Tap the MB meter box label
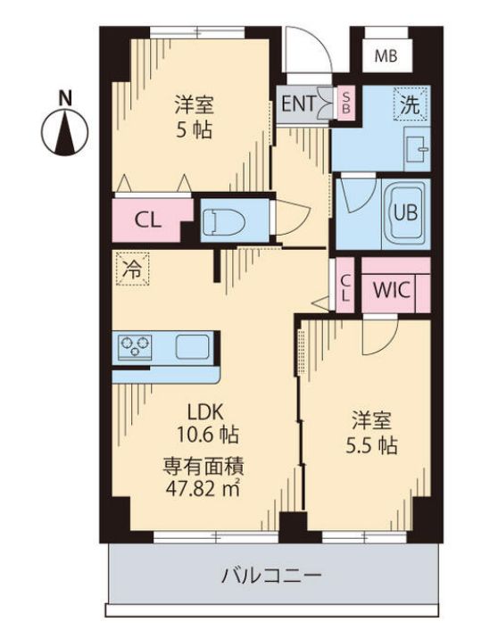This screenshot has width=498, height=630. pyautogui.click(x=386, y=55)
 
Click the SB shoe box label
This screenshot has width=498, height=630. pyautogui.click(x=346, y=103)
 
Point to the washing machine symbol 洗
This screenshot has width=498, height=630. pyautogui.click(x=410, y=104)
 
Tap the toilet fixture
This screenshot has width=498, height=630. pyautogui.click(x=223, y=220)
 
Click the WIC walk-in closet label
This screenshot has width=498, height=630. pyautogui.click(x=391, y=289)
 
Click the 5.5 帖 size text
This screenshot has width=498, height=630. pyautogui.click(x=373, y=444)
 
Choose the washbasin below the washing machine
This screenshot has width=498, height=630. pyautogui.click(x=415, y=148)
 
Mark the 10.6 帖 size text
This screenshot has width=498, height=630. pyautogui.click(x=205, y=436)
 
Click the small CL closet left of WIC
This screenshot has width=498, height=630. pyautogui.click(x=345, y=288)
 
